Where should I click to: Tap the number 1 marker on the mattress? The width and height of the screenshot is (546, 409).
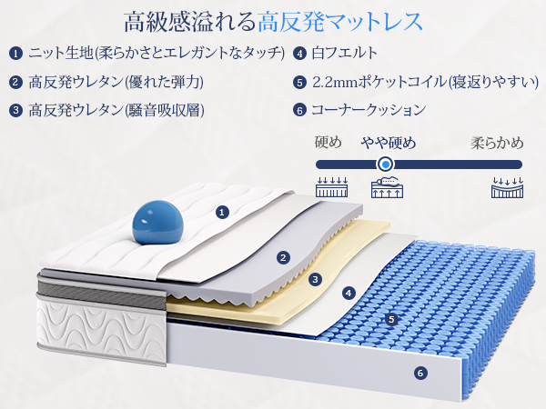221,212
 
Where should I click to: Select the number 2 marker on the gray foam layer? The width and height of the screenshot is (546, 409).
284,258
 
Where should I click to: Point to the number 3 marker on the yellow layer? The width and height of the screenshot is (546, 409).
315,280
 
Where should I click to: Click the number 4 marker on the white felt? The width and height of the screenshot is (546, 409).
348,294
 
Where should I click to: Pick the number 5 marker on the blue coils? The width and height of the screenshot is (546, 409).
391,319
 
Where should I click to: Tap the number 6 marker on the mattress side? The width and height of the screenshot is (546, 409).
420,372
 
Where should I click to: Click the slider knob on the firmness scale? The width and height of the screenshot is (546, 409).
385,165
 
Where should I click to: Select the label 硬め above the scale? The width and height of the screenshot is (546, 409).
328,143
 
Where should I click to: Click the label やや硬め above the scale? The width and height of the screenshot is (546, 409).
389,143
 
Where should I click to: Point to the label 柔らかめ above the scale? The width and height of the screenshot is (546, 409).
497,143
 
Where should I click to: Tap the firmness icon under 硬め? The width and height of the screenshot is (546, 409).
330,188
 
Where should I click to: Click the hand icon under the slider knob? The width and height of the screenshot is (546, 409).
387,188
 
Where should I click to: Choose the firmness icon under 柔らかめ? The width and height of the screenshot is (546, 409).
507,188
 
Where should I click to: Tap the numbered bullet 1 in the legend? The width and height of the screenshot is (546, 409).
15,53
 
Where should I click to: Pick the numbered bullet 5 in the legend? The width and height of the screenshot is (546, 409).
299,82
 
